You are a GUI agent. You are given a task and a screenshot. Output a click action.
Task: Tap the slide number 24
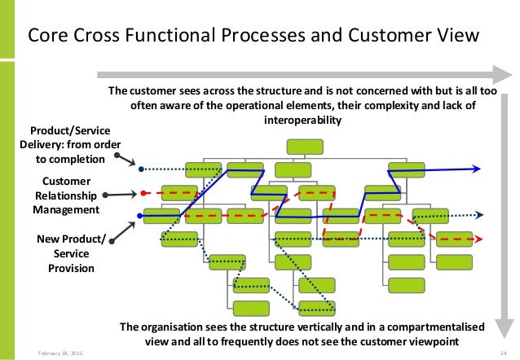coord(504,353)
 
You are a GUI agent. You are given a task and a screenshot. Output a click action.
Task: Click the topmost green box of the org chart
coord(303,147)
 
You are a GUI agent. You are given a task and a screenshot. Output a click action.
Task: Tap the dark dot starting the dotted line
coord(141,169)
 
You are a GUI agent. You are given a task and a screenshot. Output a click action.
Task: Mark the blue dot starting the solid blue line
coord(141,217)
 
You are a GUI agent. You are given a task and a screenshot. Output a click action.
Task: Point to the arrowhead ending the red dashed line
coord(478,239)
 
